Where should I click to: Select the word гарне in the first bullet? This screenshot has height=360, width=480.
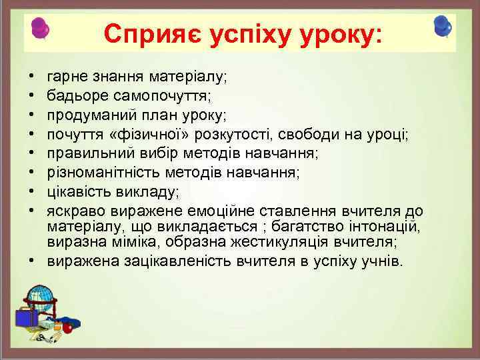click(x=66, y=77)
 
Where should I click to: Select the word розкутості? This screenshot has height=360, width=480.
click(x=238, y=135)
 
